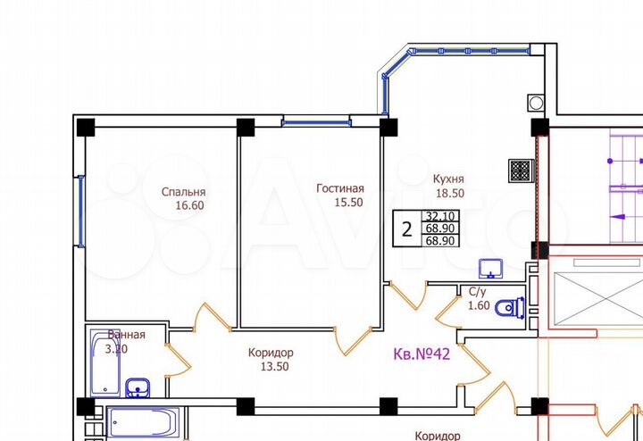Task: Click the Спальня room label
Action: [184, 192]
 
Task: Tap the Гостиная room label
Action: [340, 188]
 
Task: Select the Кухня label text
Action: [447, 178]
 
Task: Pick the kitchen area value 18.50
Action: [448, 192]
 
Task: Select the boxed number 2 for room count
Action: [407, 229]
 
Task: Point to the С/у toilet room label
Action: [478, 291]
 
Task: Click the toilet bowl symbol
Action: [510, 306]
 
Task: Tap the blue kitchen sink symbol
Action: [490, 268]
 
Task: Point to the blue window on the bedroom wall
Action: [80, 211]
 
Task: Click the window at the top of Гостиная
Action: [308, 122]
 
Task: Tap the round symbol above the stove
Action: [535, 101]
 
